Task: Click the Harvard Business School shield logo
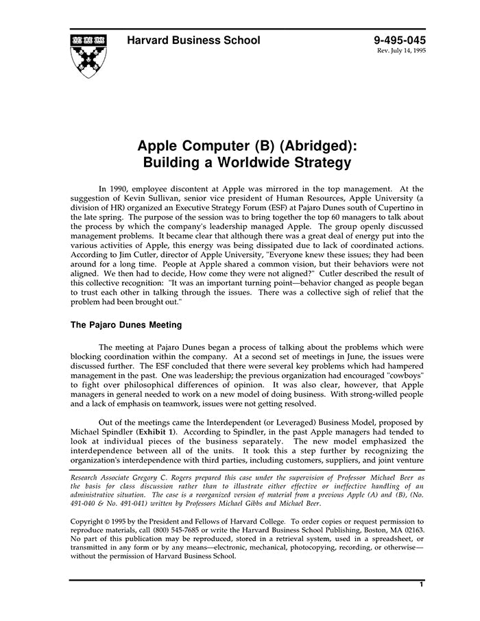(x=88, y=53)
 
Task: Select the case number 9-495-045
(x=399, y=40)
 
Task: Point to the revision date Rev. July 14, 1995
(x=400, y=51)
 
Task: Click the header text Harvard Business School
(x=193, y=40)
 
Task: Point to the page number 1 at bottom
(x=421, y=585)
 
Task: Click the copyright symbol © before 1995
(x=113, y=522)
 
